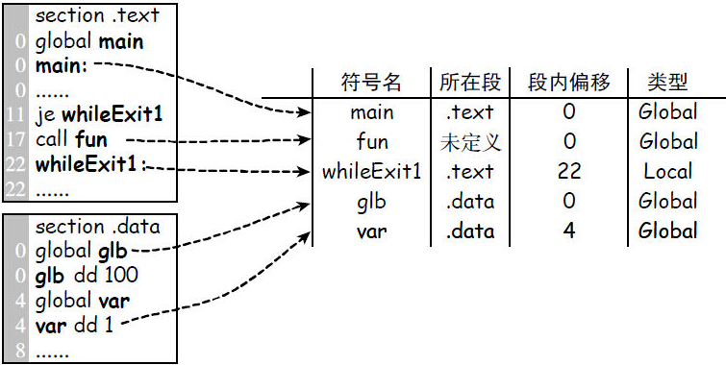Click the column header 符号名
pyautogui.click(x=371, y=82)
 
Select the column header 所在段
pyautogui.click(x=468, y=82)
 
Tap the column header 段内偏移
pyautogui.click(x=569, y=82)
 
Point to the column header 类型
pyautogui.click(x=667, y=82)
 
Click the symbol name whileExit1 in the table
pyautogui.click(x=371, y=172)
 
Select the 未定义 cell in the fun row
pyautogui.click(x=470, y=142)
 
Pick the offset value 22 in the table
pyautogui.click(x=569, y=172)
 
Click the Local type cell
pyautogui.click(x=667, y=172)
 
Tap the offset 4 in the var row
pyautogui.click(x=569, y=231)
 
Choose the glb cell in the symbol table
pyautogui.click(x=371, y=202)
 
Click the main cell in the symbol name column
pyautogui.click(x=371, y=112)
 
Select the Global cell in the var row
pyautogui.click(x=667, y=231)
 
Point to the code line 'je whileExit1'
pyautogui.click(x=99, y=115)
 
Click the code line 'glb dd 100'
pyautogui.click(x=86, y=277)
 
